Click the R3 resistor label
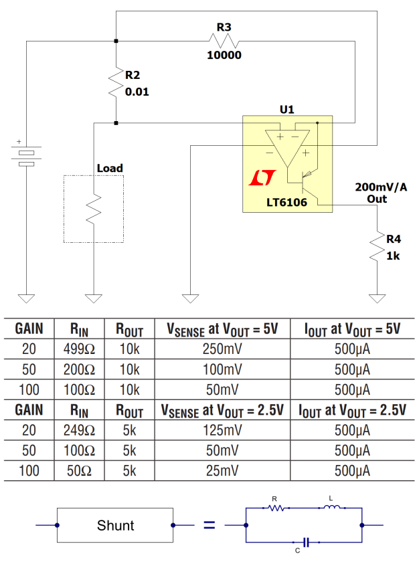(x=224, y=27)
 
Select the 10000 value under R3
(x=224, y=56)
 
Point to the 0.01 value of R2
(x=137, y=92)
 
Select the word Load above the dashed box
(x=110, y=168)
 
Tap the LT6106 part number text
(x=286, y=202)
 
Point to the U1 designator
(x=286, y=109)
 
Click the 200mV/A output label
(x=381, y=187)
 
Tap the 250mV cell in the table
(x=222, y=349)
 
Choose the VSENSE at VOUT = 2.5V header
(x=221, y=409)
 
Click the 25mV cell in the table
(x=222, y=471)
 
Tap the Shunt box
(x=115, y=526)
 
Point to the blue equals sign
(x=209, y=526)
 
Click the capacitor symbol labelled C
(x=305, y=541)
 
